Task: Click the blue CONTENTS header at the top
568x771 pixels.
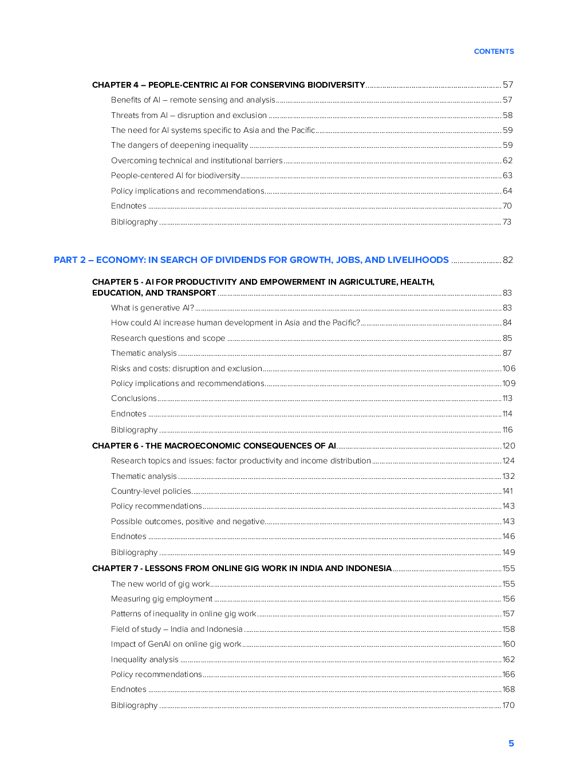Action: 494,52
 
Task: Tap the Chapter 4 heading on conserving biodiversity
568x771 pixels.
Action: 228,85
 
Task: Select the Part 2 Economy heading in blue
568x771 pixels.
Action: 251,260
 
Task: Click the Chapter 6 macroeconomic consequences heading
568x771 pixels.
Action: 214,446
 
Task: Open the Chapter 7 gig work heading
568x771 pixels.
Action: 242,568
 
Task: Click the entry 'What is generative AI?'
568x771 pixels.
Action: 152,308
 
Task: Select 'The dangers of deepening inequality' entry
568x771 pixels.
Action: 179,145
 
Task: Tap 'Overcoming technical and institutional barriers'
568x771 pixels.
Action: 196,161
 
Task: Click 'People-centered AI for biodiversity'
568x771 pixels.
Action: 175,176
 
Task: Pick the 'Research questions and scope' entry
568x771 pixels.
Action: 168,339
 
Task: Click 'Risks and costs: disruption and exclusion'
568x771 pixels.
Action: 186,369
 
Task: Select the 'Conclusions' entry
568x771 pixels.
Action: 133,399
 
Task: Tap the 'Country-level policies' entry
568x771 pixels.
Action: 151,491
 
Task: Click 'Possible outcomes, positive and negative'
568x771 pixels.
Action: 187,522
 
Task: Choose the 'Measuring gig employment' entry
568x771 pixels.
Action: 161,599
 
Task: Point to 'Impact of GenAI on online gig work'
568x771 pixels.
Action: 176,644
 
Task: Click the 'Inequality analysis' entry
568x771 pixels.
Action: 144,660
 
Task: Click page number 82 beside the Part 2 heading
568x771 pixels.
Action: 507,260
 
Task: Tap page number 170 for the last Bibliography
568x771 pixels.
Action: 508,706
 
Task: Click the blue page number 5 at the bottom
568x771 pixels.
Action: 511,744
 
